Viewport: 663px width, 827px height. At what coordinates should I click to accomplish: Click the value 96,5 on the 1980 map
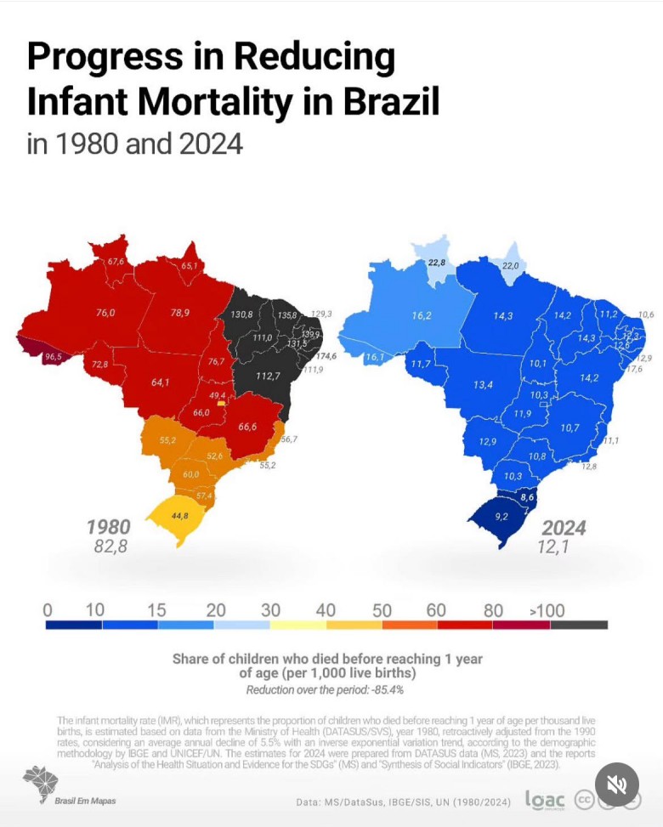[54, 357]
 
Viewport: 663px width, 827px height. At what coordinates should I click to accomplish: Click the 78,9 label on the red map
[180, 313]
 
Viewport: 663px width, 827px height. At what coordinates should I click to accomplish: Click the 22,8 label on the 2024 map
[437, 263]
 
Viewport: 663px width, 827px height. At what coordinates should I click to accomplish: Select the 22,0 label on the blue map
[510, 266]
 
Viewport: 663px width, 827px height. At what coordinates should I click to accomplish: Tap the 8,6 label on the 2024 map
[528, 497]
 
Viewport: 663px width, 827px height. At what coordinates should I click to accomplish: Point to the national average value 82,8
[110, 547]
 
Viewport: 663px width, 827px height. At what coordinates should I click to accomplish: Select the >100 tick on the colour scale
[547, 610]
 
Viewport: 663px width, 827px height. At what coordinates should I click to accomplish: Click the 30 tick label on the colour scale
[271, 610]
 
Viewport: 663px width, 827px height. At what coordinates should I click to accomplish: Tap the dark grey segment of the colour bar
[579, 625]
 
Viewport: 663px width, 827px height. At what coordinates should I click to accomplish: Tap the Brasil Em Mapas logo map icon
[41, 782]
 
